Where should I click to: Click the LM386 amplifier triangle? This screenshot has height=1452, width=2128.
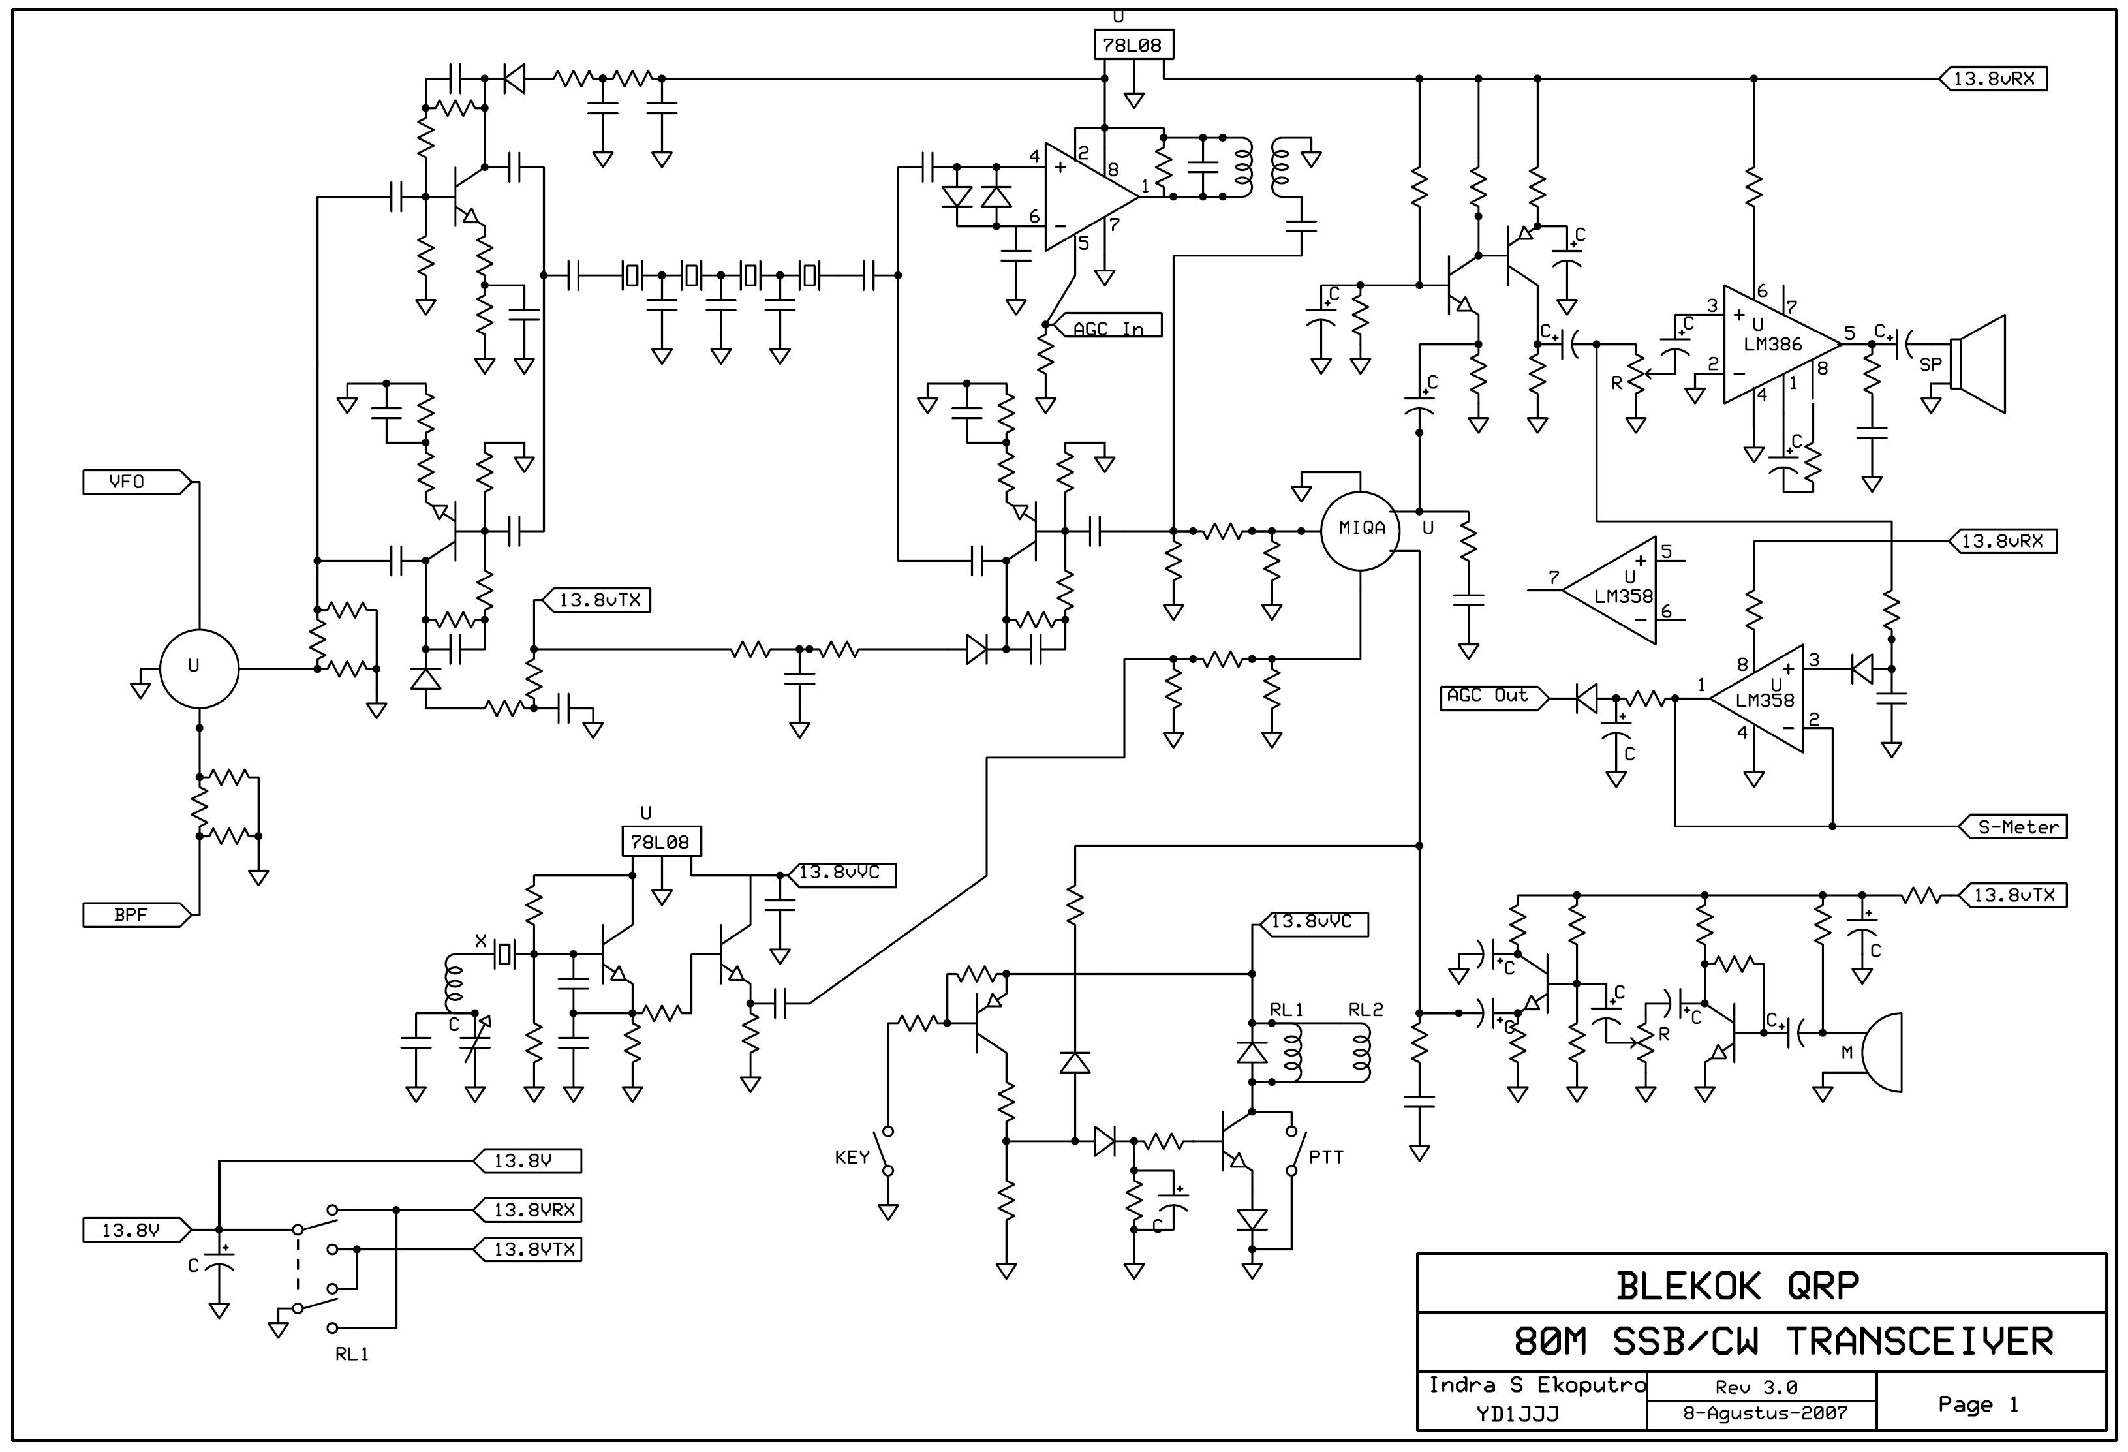1781,344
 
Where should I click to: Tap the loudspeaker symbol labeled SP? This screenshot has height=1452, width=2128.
1978,363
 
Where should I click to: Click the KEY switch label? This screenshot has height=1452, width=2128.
852,1157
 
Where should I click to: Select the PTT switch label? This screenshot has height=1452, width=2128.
1326,1157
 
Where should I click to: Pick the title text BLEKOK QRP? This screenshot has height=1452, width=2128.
1737,1286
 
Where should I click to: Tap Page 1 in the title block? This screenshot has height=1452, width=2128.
1978,1404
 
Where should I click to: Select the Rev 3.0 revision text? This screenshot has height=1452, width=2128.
1756,1387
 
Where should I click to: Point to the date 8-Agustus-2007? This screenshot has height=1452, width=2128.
1765,1413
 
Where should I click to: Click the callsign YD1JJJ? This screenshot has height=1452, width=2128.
1517,1414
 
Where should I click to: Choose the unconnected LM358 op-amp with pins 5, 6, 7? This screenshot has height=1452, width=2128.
1609,591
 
